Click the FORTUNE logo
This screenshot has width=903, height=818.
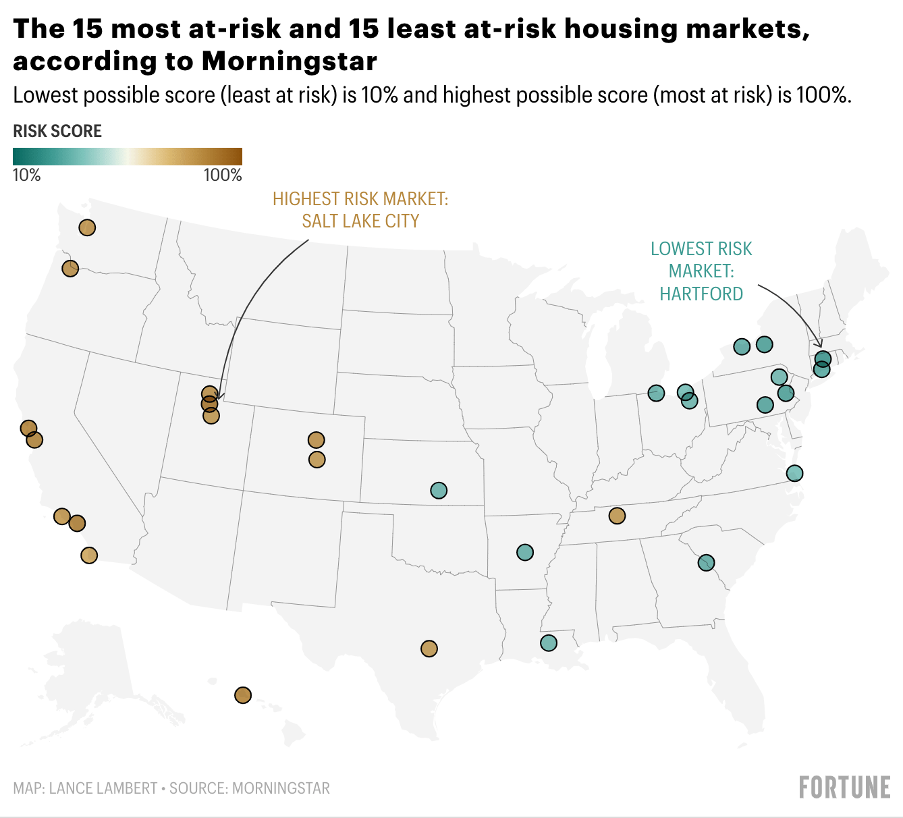click(x=844, y=788)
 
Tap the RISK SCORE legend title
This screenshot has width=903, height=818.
click(x=57, y=131)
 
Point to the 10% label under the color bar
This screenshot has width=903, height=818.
click(x=27, y=175)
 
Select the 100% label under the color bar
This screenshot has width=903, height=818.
click(x=223, y=175)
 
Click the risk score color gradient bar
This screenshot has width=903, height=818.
click(x=127, y=157)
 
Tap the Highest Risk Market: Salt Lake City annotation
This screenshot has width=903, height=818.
click(x=360, y=210)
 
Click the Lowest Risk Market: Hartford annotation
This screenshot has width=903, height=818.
click(x=701, y=271)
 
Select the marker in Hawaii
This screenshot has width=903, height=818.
click(x=243, y=695)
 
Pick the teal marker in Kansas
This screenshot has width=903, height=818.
click(x=439, y=490)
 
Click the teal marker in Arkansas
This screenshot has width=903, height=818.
click(x=525, y=553)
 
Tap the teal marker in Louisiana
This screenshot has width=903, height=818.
click(x=549, y=643)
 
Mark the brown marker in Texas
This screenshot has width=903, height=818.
click(x=429, y=649)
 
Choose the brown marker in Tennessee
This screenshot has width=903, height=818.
click(x=617, y=516)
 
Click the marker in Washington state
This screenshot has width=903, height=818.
click(x=87, y=227)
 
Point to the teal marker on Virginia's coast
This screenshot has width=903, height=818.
click(x=794, y=473)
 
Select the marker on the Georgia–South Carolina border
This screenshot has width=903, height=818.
click(x=706, y=562)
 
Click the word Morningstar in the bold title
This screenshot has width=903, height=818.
click(x=289, y=61)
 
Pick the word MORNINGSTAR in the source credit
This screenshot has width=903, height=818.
click(x=281, y=788)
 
